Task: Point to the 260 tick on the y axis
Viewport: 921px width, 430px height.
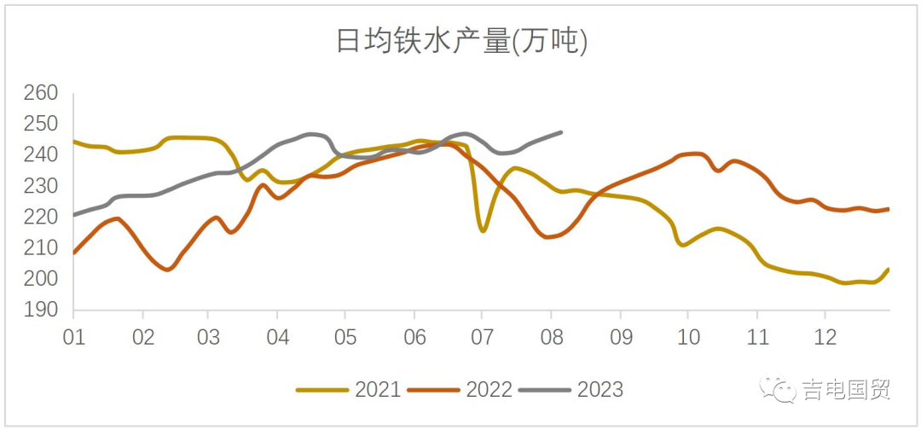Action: [x=40, y=93]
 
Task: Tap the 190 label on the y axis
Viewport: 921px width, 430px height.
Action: [x=40, y=311]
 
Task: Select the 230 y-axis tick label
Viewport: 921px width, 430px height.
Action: [x=40, y=186]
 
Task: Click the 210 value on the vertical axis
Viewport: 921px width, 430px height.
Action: [x=40, y=248]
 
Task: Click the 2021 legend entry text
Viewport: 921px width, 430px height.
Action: [x=378, y=390]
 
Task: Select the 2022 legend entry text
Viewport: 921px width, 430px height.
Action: [x=489, y=390]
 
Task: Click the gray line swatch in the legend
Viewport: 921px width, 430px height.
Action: [x=545, y=390]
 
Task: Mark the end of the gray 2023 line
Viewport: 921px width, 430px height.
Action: [x=561, y=132]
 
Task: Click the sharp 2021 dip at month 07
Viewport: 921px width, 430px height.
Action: [x=483, y=230]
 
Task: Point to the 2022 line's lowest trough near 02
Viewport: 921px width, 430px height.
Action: [x=168, y=270]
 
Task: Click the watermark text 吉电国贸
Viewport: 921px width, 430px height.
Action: [x=846, y=391]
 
